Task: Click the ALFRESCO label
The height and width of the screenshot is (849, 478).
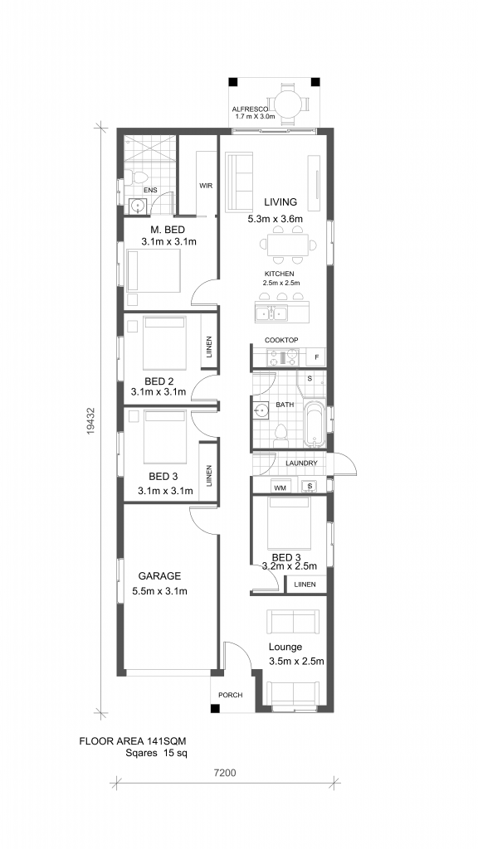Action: (x=251, y=109)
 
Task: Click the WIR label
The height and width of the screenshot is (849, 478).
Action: (x=206, y=186)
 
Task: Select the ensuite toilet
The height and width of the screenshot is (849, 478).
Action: (x=139, y=177)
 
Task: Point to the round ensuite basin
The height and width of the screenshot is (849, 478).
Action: (x=138, y=206)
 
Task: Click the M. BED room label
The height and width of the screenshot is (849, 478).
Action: (x=168, y=230)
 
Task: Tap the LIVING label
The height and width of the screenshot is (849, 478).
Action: (x=280, y=202)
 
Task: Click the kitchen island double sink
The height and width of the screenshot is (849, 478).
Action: (x=271, y=313)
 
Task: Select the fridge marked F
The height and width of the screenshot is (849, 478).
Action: (x=316, y=357)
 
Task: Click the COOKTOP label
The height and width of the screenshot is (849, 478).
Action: (x=281, y=340)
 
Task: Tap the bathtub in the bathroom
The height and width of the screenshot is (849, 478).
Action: (x=314, y=424)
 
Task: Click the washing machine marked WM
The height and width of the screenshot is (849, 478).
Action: (x=280, y=487)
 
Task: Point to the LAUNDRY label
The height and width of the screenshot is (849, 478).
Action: (x=301, y=463)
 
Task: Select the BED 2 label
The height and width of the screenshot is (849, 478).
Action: (x=159, y=381)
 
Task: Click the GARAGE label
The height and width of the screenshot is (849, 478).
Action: (x=159, y=576)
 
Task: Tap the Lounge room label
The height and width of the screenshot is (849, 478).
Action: (x=285, y=647)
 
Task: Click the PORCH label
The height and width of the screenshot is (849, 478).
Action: (x=231, y=696)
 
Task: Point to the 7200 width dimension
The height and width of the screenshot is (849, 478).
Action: (x=225, y=774)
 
